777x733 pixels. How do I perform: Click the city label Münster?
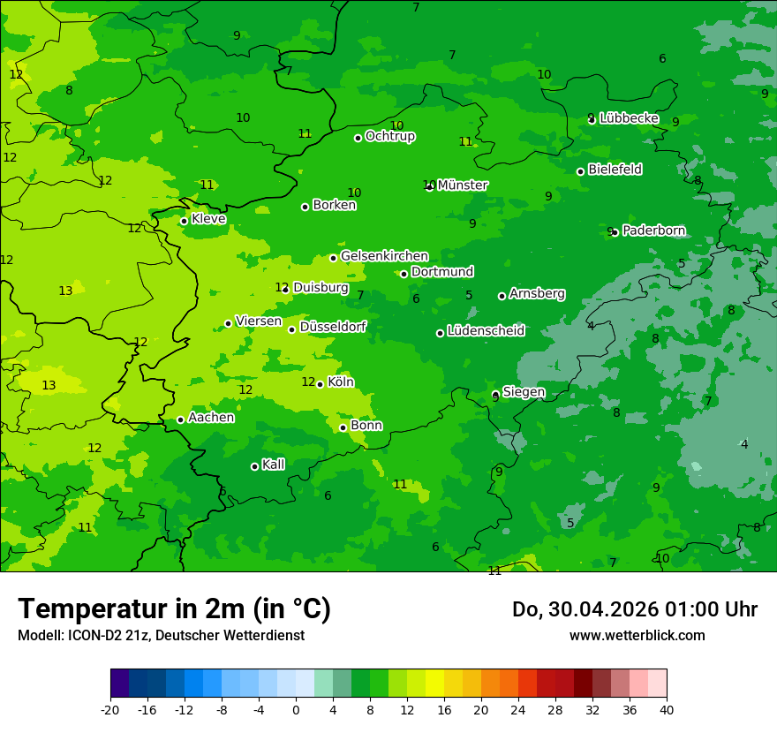click(x=463, y=185)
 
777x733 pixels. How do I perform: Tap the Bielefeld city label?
click(x=615, y=170)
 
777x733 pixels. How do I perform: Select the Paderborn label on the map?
click(x=653, y=231)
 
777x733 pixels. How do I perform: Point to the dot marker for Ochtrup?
click(x=358, y=138)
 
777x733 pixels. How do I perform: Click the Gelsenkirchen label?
click(x=384, y=256)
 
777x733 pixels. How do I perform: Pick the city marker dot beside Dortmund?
click(x=404, y=274)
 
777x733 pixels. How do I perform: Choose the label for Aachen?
click(x=211, y=418)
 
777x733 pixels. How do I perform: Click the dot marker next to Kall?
click(x=254, y=466)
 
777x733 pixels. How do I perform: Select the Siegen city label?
click(x=524, y=392)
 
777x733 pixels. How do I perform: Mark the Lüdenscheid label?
click(x=486, y=331)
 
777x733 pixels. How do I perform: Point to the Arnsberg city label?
click(x=537, y=294)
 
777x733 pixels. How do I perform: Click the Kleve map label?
click(x=208, y=219)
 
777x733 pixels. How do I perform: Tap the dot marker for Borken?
click(x=305, y=207)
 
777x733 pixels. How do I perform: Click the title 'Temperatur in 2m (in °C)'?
click(x=174, y=608)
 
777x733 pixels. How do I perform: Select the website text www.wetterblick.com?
click(x=637, y=635)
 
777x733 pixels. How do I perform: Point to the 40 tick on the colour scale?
click(x=667, y=709)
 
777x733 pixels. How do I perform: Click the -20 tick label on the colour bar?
click(x=110, y=709)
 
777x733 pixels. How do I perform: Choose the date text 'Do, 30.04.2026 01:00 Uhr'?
click(x=635, y=608)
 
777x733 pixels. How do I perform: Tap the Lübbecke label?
click(x=629, y=118)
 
